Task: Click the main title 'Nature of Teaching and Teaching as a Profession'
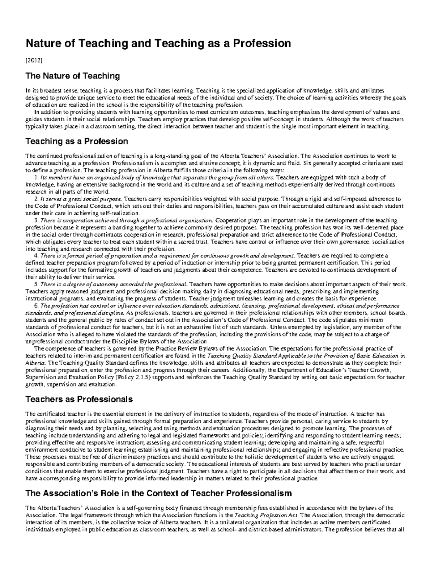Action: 158,44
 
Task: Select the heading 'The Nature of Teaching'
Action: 72,76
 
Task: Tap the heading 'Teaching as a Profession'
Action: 76,141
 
